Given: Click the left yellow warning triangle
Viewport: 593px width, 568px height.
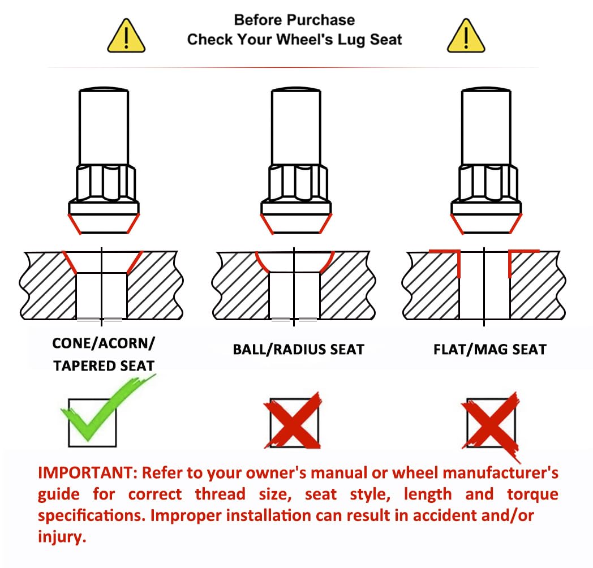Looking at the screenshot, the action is click(126, 36).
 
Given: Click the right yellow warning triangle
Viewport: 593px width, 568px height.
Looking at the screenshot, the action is click(466, 36).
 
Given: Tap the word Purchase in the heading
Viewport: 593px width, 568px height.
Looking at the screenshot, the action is click(317, 20).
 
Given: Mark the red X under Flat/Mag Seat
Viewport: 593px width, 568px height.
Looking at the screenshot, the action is click(491, 423).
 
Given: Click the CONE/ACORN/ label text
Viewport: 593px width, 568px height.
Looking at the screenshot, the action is click(104, 343).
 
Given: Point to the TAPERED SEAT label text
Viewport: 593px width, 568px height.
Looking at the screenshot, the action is click(104, 365).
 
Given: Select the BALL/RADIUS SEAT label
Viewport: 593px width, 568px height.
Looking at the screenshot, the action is click(298, 350).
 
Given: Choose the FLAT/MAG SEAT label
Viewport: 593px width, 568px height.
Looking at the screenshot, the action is click(490, 350).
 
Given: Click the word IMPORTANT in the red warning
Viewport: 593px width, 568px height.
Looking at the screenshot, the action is click(88, 473).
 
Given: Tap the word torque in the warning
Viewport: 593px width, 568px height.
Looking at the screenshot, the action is click(532, 494).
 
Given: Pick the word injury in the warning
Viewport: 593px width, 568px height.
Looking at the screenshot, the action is click(62, 537).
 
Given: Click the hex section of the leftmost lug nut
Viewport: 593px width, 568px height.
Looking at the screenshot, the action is click(105, 183).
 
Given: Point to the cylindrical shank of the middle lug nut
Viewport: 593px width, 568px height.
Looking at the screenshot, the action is click(296, 127).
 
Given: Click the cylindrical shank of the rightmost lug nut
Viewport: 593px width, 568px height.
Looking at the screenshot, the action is click(487, 127).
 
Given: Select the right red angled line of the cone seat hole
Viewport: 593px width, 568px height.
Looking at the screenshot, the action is click(135, 262).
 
